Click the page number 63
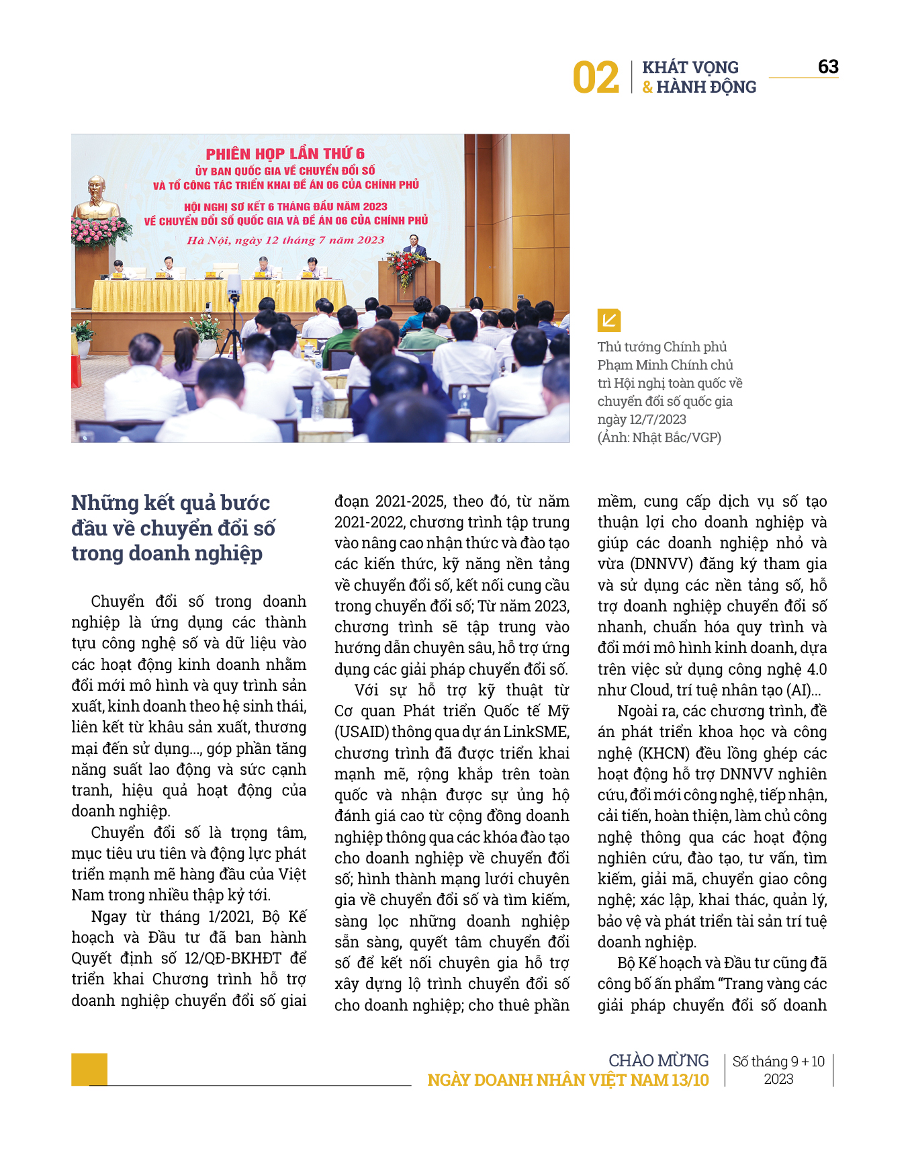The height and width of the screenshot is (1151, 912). pyautogui.click(x=828, y=67)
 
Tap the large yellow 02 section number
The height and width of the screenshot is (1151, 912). pyautogui.click(x=596, y=78)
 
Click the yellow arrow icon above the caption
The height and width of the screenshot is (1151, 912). pyautogui.click(x=609, y=320)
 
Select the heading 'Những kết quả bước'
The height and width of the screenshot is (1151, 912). pyautogui.click(x=171, y=503)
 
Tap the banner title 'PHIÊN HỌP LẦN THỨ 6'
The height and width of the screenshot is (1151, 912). pyautogui.click(x=285, y=154)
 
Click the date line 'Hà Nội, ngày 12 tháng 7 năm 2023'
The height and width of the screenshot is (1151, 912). pyautogui.click(x=285, y=240)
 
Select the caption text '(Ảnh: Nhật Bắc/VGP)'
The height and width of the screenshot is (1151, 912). pyautogui.click(x=659, y=437)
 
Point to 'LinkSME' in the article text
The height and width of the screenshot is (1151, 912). pyautogui.click(x=535, y=732)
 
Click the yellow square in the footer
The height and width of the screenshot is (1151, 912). pyautogui.click(x=89, y=1068)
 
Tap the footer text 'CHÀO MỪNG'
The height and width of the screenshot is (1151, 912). pyautogui.click(x=658, y=1060)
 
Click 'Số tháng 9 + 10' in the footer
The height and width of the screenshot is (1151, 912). pyautogui.click(x=778, y=1061)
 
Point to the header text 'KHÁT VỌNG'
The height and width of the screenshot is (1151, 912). pyautogui.click(x=690, y=67)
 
